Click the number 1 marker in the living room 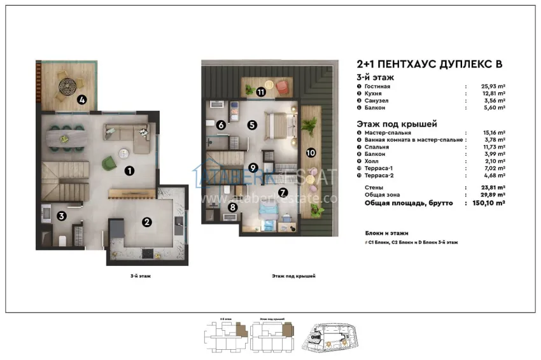click(x=129, y=170)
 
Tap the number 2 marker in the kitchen click(x=147, y=222)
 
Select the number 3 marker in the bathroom click(x=61, y=216)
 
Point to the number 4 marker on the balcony click(x=81, y=100)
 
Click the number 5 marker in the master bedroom click(x=252, y=125)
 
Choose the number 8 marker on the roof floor click(x=233, y=207)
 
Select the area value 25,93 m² click(x=492, y=86)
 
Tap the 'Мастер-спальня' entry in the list click(x=388, y=132)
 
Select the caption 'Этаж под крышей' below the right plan click(x=293, y=276)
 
